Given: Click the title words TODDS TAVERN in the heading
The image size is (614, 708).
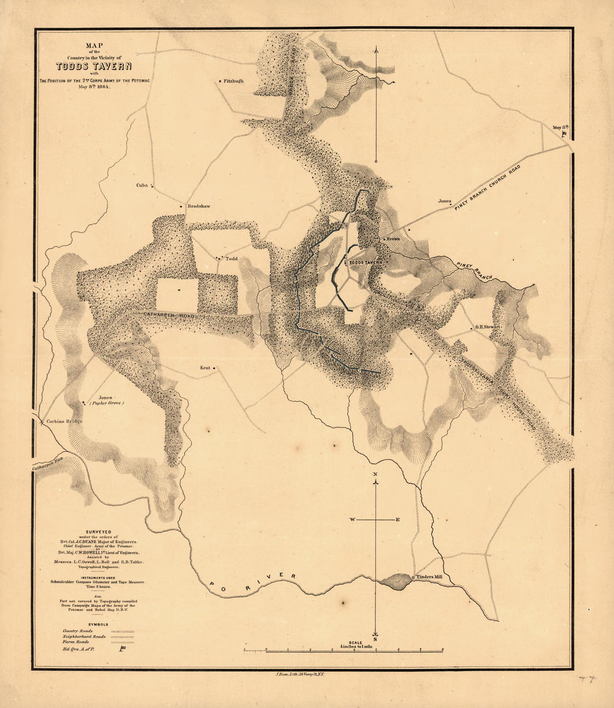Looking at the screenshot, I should (x=93, y=66).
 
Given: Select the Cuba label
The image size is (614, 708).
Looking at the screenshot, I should (x=142, y=186).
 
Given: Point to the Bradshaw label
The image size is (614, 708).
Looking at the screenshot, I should (x=199, y=206).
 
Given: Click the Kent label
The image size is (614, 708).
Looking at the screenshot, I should (x=204, y=368).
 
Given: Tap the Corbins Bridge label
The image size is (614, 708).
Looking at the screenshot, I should (x=64, y=421).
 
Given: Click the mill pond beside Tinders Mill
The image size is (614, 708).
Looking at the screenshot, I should (x=397, y=581).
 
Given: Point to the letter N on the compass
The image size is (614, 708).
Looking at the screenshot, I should (x=376, y=475).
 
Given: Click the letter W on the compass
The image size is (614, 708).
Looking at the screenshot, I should (x=353, y=520).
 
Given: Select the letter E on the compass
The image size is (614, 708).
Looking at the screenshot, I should (x=397, y=520).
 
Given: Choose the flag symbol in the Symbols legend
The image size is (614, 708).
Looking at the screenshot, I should (x=122, y=649).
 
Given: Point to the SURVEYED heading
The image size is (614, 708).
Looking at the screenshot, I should (x=98, y=532).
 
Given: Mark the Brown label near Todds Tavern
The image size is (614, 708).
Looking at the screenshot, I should (x=393, y=239).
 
